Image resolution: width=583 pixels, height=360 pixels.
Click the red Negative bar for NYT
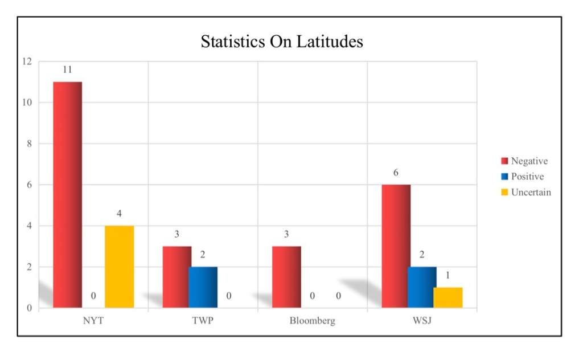click(x=68, y=195)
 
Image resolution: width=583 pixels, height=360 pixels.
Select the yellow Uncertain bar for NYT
click(x=119, y=267)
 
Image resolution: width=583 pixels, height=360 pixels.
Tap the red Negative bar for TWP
click(x=177, y=277)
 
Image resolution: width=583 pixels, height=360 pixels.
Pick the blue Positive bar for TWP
click(x=203, y=287)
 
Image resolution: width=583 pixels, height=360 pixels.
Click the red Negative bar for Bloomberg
click(x=286, y=277)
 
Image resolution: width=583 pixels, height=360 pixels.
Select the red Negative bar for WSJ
click(x=396, y=246)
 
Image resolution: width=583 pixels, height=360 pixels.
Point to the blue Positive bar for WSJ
click(x=422, y=287)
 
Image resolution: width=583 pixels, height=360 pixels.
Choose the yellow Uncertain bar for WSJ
click(x=447, y=297)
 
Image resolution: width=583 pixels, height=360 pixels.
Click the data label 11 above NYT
click(x=67, y=70)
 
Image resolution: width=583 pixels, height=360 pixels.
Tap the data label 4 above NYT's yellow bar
click(x=119, y=214)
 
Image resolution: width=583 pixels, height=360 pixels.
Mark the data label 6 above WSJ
click(x=396, y=173)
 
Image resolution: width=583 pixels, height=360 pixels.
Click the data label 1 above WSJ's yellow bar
click(x=447, y=276)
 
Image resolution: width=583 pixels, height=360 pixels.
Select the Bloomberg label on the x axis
click(x=312, y=321)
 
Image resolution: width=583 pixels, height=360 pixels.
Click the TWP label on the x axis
click(x=203, y=321)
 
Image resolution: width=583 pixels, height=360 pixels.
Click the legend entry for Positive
click(x=527, y=177)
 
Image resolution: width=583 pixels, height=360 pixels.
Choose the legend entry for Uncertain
click(x=531, y=193)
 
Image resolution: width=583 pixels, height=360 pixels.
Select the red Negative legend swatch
click(x=504, y=161)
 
